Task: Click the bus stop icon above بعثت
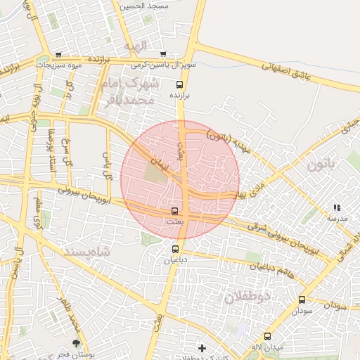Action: tap(174, 210)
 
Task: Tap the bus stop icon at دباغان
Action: tap(175, 248)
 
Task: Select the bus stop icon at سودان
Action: tap(302, 300)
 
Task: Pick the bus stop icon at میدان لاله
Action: tap(267, 336)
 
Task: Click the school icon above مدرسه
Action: tap(336, 207)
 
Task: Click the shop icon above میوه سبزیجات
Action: tap(58, 54)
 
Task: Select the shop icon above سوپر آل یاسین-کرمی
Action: tap(163, 54)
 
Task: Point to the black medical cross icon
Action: tap(202, 348)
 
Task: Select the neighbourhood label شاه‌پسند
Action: tap(88, 251)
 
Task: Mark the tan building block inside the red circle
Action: tap(157, 172)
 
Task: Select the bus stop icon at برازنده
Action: tap(180, 84)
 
